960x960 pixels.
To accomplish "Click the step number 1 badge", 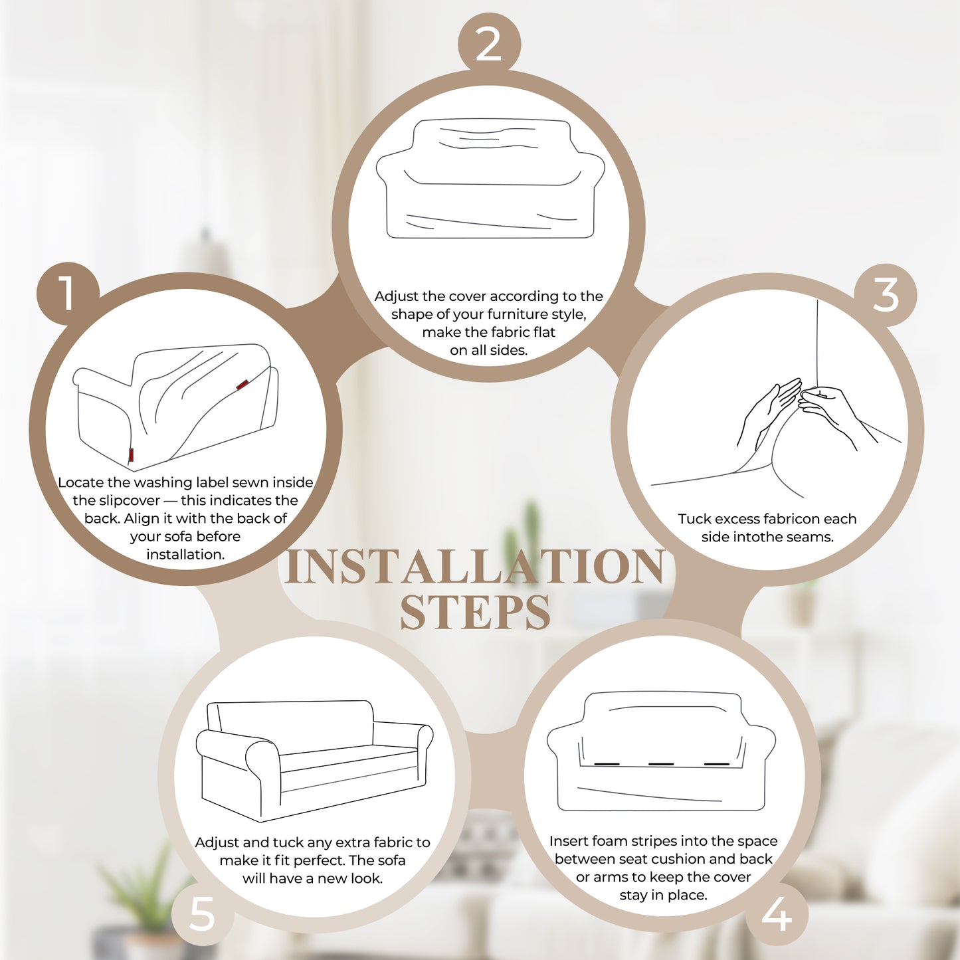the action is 67,294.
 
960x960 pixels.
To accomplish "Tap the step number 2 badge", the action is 489,45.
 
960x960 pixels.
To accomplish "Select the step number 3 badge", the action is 886,295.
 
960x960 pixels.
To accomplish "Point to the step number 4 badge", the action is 777,915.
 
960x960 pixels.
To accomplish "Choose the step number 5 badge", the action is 202,915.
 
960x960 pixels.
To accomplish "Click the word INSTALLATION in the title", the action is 474,567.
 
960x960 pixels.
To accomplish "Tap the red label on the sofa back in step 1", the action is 242,385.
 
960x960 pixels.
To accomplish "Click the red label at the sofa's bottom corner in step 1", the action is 131,455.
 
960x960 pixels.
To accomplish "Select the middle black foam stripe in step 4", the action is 661,764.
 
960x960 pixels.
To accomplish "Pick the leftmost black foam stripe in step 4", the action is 607,764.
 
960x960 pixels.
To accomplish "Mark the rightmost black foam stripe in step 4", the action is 716,764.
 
